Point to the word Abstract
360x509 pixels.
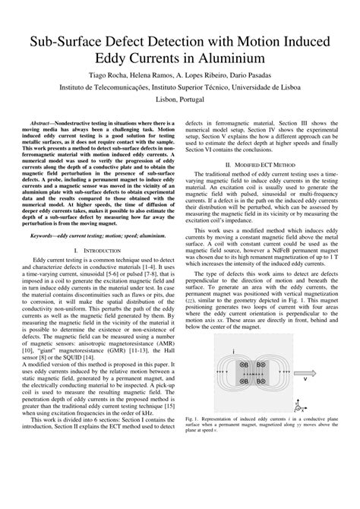44,122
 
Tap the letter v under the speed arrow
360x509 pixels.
304,384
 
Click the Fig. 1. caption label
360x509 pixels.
194,419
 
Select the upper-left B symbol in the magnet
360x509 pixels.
245,365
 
